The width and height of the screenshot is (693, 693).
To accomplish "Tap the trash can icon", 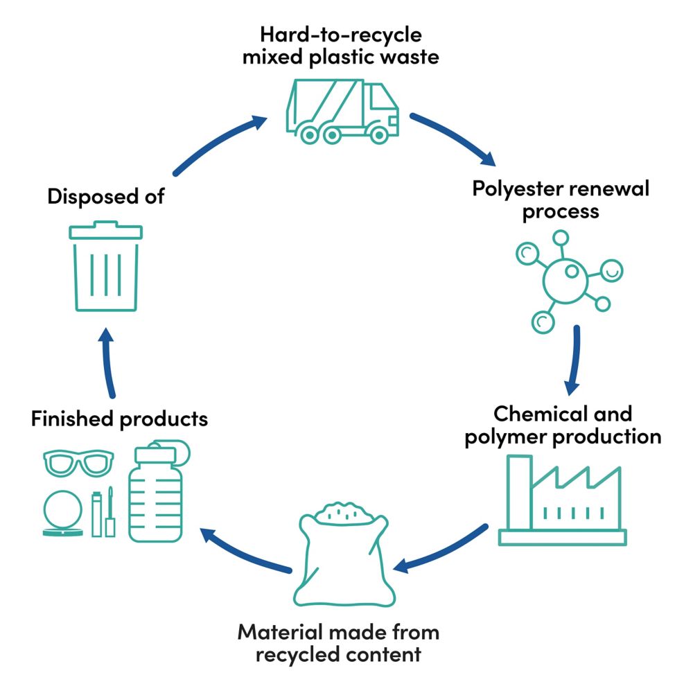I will click(106, 267).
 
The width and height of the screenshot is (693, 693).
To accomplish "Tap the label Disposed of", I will click(105, 196).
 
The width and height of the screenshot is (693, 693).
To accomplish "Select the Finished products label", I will click(119, 419).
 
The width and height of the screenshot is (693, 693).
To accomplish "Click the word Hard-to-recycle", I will click(340, 35).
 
